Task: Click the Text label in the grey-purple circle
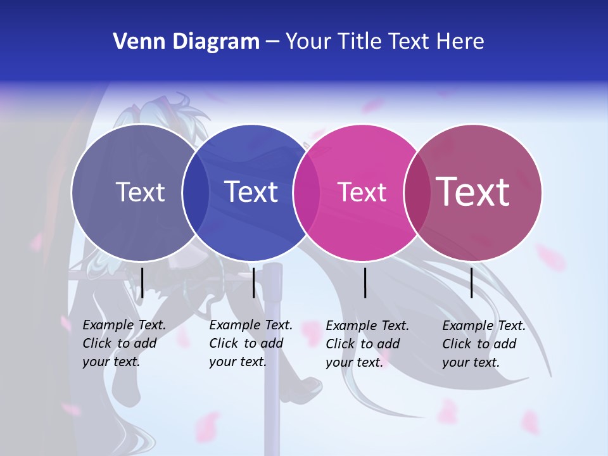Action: click(140, 192)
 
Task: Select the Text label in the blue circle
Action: click(251, 192)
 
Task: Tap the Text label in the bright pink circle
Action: click(362, 192)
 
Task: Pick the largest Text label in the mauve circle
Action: click(473, 191)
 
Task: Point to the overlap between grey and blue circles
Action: click(196, 193)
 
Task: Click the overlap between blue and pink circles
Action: click(307, 193)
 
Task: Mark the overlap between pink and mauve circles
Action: click(417, 193)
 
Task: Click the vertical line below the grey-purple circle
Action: click(142, 282)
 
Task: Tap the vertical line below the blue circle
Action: click(253, 282)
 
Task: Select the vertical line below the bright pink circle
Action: click(365, 282)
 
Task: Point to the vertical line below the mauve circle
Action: click(472, 282)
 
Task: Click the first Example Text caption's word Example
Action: click(108, 325)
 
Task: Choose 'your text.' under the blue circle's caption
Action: click(237, 362)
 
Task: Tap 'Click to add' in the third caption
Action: click(363, 344)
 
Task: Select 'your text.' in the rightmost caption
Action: click(471, 362)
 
